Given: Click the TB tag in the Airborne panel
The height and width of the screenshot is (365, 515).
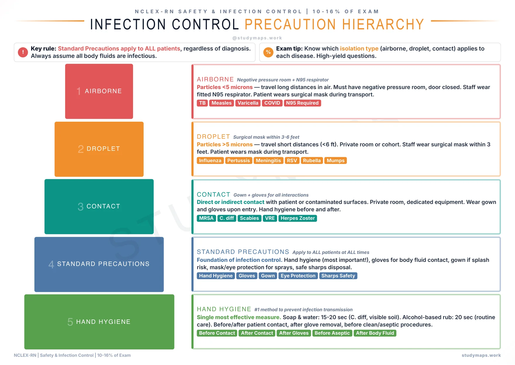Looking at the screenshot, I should [202, 103].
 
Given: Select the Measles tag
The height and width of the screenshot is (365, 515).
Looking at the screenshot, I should [221, 103].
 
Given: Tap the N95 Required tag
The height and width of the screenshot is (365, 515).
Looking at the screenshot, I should [302, 103].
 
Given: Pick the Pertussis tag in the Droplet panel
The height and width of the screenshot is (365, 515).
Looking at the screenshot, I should [238, 160].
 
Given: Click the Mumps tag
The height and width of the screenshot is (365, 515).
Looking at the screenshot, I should [335, 160].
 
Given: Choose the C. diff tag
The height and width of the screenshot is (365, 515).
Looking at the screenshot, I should [227, 218].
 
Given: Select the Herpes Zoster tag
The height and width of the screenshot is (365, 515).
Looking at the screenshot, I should [297, 218].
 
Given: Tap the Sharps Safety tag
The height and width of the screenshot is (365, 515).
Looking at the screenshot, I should [338, 276].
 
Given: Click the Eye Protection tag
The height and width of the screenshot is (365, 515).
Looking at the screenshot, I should [298, 276].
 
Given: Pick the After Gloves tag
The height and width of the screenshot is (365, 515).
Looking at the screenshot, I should [294, 333].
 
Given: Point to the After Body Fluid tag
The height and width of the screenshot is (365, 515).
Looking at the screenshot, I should [375, 333].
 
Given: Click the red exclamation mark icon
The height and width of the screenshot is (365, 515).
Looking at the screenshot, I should [23, 52].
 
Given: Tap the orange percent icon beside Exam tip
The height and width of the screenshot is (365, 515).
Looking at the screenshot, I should [268, 52].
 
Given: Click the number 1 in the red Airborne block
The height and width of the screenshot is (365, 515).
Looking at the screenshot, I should [78, 91].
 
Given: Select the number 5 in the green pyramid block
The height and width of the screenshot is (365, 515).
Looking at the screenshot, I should [70, 322].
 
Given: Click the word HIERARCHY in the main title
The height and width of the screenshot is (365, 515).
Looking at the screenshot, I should [383, 24].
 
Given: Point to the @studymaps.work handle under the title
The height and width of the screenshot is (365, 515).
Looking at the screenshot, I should [257, 38].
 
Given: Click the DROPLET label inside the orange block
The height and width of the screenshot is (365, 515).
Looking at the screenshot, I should [103, 149].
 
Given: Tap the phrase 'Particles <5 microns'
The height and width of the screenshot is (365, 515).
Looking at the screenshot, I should [225, 87].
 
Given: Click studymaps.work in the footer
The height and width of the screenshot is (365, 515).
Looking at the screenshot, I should [481, 355].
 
